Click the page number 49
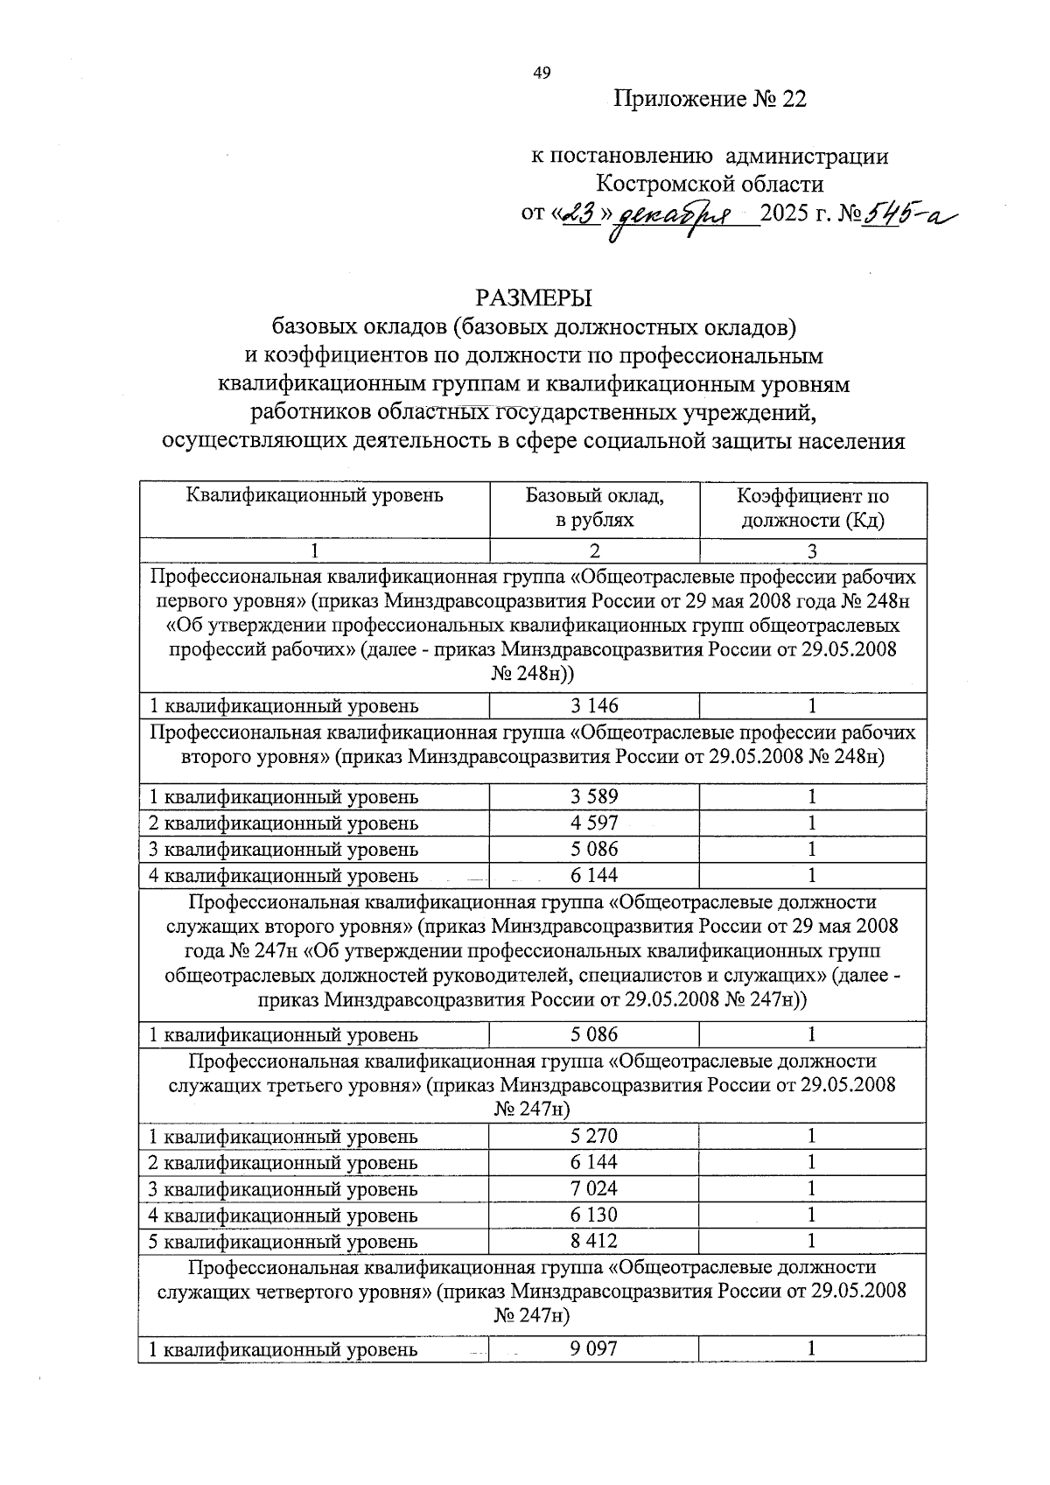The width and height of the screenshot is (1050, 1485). coord(542,74)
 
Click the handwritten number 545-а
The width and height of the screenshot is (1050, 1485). coord(908,213)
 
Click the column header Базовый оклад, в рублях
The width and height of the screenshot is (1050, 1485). coord(594,508)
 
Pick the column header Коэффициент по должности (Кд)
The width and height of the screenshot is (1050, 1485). coord(812,508)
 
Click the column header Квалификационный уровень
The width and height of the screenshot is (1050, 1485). coord(314,496)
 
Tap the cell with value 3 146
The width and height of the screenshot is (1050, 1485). coord(594,706)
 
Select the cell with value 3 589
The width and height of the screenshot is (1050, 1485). coord(594,797)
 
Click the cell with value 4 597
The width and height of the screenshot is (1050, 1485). coord(594,823)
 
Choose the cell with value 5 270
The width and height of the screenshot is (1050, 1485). coord(594,1137)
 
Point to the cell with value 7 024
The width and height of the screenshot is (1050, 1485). coord(594,1189)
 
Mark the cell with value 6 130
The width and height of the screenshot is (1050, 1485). coord(594,1215)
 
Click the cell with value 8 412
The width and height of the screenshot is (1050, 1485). coord(594,1242)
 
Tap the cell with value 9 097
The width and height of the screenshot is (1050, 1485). coord(594,1349)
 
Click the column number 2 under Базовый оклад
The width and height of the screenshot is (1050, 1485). coord(594,551)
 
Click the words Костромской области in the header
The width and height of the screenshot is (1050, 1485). coord(710,185)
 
